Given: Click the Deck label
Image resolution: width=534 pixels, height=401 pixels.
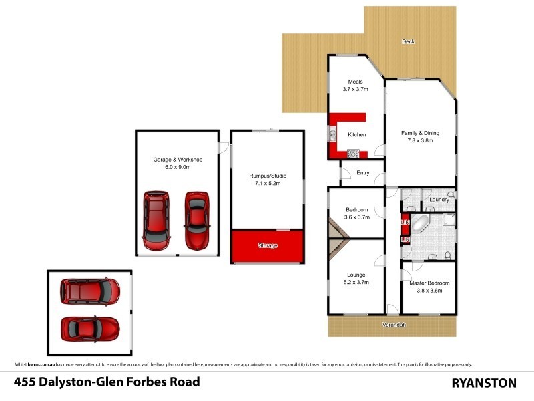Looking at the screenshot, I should (x=408, y=41).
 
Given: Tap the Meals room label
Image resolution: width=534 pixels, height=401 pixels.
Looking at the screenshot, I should (x=355, y=82).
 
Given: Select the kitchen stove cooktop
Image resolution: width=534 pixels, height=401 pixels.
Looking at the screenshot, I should (x=353, y=154).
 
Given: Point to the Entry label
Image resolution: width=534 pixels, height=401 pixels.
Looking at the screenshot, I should (x=362, y=173).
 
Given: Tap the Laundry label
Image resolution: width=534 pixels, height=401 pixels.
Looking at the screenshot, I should (x=439, y=199).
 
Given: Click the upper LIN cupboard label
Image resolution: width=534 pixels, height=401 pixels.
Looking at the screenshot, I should (x=405, y=221).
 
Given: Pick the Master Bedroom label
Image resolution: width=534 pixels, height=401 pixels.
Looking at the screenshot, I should (x=429, y=283).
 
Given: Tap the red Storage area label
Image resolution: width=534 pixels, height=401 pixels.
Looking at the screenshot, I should (x=267, y=246).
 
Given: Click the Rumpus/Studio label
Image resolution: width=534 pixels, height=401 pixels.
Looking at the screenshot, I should (x=266, y=174).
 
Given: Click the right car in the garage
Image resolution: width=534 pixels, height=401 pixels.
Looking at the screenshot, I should (x=197, y=220).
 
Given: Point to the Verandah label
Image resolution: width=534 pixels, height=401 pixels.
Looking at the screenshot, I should (x=394, y=325).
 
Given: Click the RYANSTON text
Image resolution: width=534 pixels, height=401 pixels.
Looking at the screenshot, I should (x=483, y=383).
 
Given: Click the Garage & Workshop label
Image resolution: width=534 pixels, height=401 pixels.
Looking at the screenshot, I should (x=178, y=160).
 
